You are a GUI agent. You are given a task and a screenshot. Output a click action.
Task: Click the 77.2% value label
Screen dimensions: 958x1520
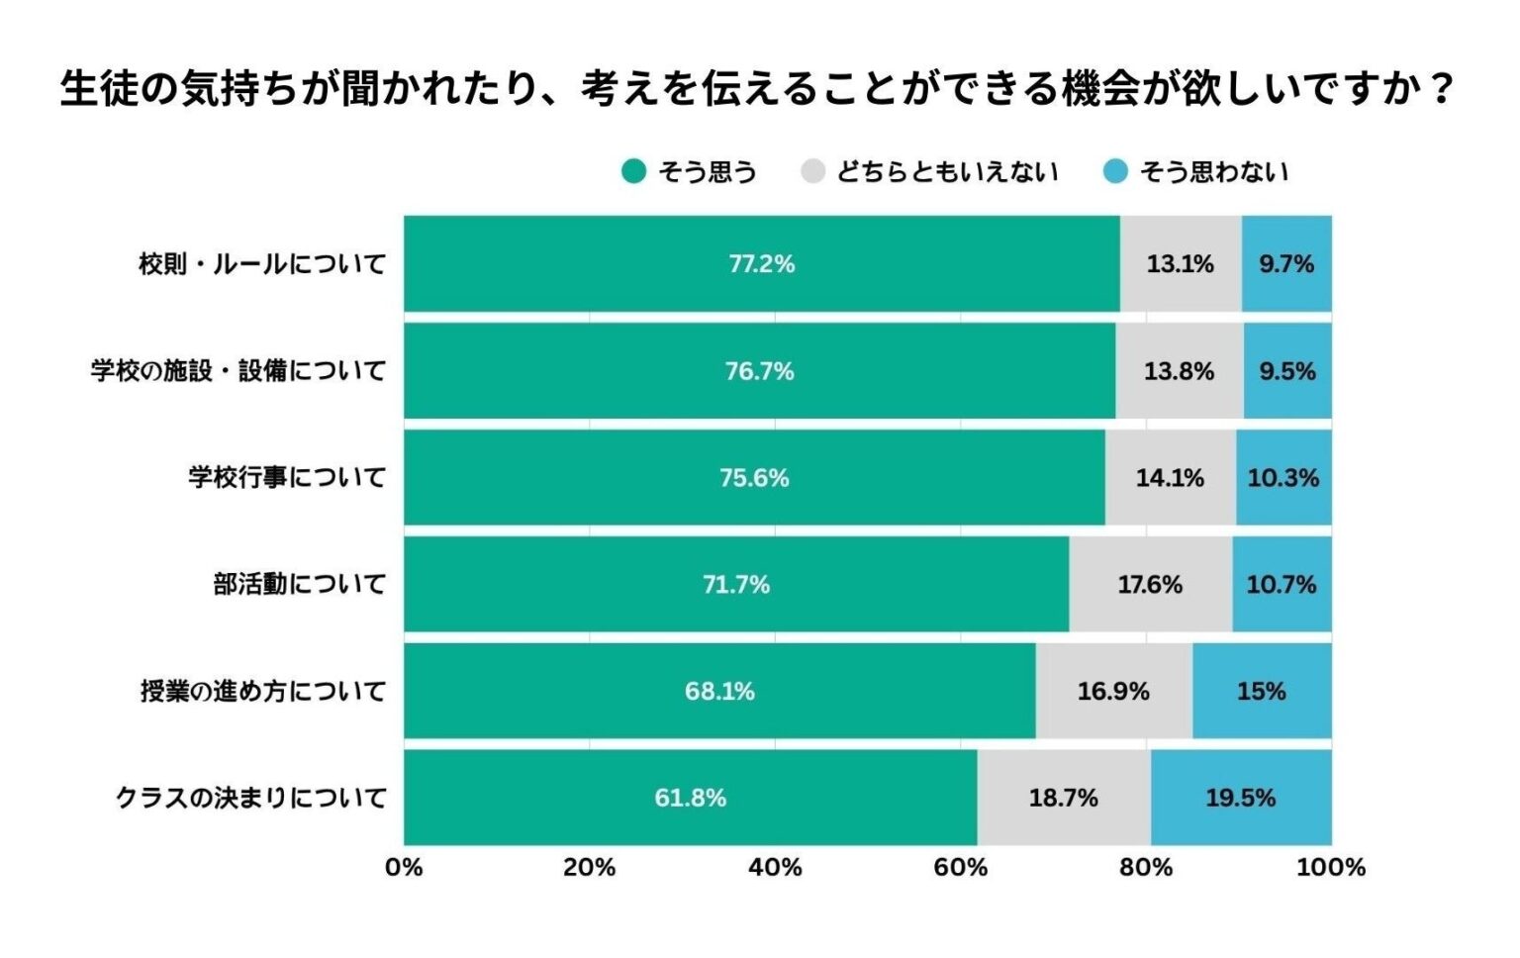761,264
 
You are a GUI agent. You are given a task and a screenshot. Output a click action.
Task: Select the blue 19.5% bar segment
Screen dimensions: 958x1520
1240,798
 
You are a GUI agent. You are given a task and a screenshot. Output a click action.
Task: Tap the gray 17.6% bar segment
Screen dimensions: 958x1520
1150,585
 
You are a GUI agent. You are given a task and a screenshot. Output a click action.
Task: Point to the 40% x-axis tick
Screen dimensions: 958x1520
775,868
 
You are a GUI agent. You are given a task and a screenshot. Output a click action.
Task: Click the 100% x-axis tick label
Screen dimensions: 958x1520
1330,868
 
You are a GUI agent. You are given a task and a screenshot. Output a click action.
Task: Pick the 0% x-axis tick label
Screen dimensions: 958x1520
404,868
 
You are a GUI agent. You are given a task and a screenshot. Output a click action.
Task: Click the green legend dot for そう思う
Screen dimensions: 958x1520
633,172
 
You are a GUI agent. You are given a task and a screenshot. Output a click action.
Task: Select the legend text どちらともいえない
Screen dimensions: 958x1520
947,172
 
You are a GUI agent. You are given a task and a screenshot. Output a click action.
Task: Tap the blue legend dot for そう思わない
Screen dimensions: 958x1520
1115,172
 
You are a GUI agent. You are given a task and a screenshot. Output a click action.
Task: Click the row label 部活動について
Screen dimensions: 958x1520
299,585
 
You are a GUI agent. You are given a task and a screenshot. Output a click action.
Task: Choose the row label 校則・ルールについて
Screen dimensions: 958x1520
262,264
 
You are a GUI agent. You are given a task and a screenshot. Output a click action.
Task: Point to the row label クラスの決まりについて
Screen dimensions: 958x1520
250,798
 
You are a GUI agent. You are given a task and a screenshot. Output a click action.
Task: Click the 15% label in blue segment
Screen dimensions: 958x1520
1261,691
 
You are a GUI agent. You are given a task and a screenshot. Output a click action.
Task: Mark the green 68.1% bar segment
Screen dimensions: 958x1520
719,691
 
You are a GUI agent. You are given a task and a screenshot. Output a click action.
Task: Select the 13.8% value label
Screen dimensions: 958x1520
1179,371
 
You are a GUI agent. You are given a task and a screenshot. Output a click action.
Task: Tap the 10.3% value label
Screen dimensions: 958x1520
1282,478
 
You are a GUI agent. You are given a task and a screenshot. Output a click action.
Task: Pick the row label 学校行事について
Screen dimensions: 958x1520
287,478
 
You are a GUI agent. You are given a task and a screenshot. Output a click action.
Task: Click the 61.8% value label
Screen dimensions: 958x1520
690,798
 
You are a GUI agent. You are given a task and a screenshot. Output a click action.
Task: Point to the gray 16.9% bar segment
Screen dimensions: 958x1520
1113,691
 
